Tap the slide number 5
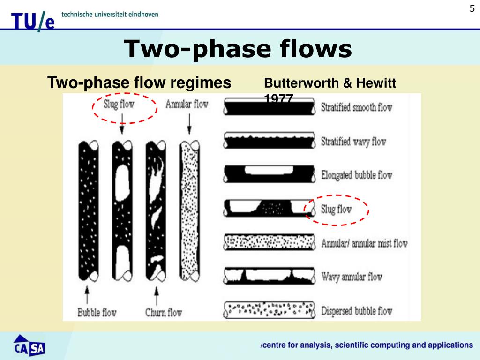point(472,8)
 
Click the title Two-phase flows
point(238,49)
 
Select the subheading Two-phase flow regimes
point(140,83)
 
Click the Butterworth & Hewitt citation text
point(330,84)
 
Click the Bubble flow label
point(97,312)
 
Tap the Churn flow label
point(163,312)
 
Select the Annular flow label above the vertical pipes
point(187,104)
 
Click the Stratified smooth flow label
point(356,107)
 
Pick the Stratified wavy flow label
point(353,141)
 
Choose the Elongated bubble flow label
point(356,175)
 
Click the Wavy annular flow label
point(352,277)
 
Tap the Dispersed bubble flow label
point(356,310)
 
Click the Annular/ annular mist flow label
point(364,243)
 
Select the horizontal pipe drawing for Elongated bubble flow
point(269,174)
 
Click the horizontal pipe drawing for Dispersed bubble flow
point(269,309)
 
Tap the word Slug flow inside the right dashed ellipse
point(336,209)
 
